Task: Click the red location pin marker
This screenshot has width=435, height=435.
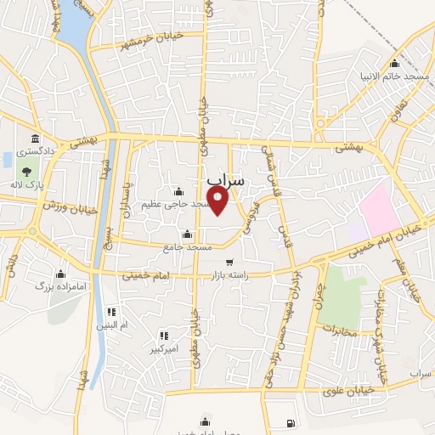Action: (x=218, y=201)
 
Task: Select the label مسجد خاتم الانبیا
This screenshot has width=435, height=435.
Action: (x=406, y=77)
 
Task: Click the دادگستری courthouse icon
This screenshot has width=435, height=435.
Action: (x=34, y=138)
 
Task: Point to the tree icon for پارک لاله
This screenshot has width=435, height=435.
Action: (x=28, y=172)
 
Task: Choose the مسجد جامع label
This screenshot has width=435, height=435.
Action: (x=188, y=247)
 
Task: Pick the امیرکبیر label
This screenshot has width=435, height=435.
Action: (x=163, y=349)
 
